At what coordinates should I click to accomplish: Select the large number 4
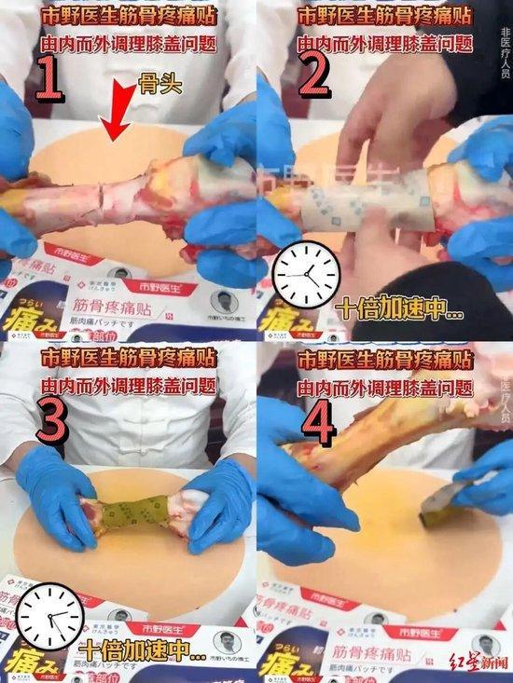(320, 423)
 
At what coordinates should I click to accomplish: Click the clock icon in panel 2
(305, 274)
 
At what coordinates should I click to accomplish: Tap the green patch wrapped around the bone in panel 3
(136, 514)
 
